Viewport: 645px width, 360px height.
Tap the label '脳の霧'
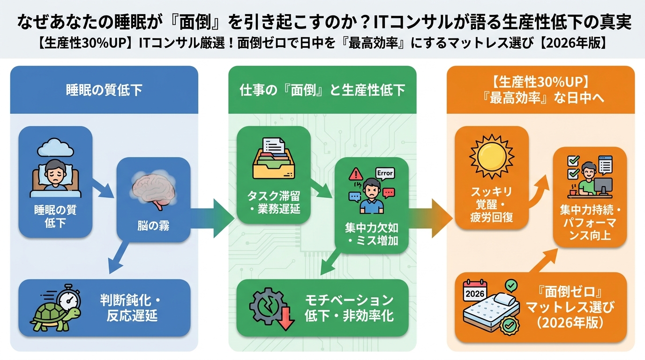(x=153, y=226)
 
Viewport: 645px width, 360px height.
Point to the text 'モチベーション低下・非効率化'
(x=349, y=307)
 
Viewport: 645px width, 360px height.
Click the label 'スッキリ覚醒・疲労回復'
(x=491, y=204)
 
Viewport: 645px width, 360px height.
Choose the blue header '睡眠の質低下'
(x=104, y=90)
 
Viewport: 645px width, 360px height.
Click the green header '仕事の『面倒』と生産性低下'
(x=322, y=90)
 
